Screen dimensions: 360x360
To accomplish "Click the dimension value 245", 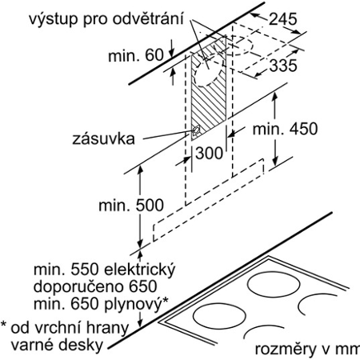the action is pyautogui.click(x=282, y=19).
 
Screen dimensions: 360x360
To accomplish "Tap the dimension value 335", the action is pyautogui.click(x=283, y=66).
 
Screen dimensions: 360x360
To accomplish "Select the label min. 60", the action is pyautogui.click(x=135, y=55).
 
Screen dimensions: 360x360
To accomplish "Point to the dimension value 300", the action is pyautogui.click(x=209, y=153).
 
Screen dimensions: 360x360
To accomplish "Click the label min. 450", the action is pyautogui.click(x=285, y=129).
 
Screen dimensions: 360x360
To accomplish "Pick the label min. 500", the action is pyautogui.click(x=131, y=206).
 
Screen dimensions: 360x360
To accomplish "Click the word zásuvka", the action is pyautogui.click(x=103, y=138).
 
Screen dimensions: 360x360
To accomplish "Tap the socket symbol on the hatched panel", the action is pyautogui.click(x=196, y=131).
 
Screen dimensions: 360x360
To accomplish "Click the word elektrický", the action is pyautogui.click(x=139, y=270).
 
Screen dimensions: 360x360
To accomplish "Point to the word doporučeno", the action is pyautogui.click(x=79, y=286).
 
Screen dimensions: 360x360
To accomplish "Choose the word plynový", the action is pyautogui.click(x=133, y=305).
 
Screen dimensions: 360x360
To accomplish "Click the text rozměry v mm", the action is pyautogui.click(x=307, y=349).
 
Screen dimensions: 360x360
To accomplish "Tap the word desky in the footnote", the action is pyautogui.click(x=81, y=345).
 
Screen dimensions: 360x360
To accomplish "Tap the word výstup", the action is pyautogui.click(x=53, y=19).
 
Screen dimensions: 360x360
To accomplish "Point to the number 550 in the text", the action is pyautogui.click(x=85, y=270).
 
